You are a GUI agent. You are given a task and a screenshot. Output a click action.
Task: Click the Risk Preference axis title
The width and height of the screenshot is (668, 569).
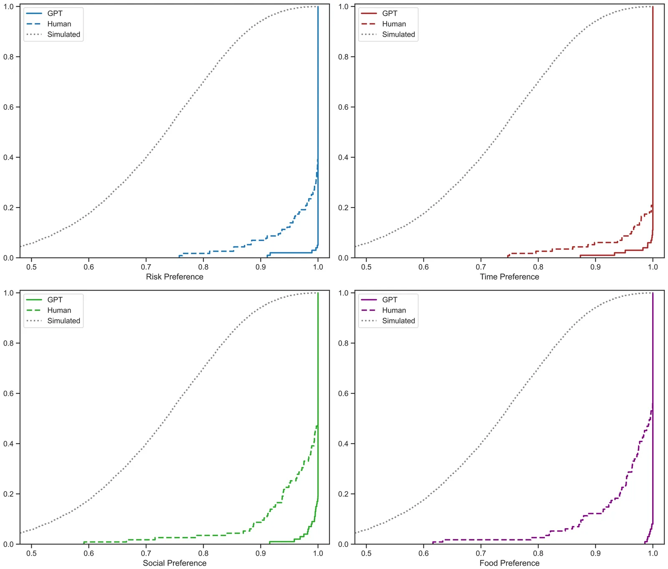pyautogui.click(x=175, y=277)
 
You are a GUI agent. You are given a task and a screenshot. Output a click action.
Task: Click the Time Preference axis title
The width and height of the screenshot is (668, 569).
pyautogui.click(x=509, y=277)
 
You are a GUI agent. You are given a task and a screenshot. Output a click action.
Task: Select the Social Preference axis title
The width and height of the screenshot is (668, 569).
pyautogui.click(x=175, y=563)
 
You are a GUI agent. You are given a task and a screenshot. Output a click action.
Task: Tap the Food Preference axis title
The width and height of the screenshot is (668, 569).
pyautogui.click(x=509, y=563)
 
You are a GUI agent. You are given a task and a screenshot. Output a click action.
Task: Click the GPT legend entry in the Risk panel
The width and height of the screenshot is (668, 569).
pyautogui.click(x=55, y=13)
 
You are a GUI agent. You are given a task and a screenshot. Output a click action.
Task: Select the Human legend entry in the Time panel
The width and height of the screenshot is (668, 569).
pyautogui.click(x=394, y=24)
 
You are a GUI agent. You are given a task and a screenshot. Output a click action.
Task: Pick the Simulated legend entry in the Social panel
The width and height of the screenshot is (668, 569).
pyautogui.click(x=63, y=321)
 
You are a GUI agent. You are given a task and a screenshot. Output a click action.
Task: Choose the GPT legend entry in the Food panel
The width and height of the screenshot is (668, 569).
pyautogui.click(x=390, y=300)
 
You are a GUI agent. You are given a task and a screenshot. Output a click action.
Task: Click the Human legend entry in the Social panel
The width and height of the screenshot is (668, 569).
pyautogui.click(x=59, y=310)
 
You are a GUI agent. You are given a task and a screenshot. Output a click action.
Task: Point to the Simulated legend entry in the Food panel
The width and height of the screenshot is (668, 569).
pyautogui.click(x=398, y=321)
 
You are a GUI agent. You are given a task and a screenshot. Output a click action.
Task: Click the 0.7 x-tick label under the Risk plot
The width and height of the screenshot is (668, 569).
pyautogui.click(x=146, y=267)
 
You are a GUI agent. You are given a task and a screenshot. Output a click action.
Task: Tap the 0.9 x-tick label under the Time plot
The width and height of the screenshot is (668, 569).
pyautogui.click(x=595, y=267)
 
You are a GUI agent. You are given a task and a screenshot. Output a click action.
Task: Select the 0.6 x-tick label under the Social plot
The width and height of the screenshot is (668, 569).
pyautogui.click(x=89, y=554)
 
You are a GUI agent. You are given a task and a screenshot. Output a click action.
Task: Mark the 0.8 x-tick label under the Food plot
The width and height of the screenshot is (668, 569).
pyautogui.click(x=538, y=554)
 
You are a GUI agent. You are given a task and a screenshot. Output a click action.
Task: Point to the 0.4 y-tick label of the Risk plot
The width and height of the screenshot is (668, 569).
pyautogui.click(x=9, y=157)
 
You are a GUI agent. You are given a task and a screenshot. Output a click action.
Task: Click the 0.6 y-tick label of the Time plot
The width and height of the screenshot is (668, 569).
pyautogui.click(x=344, y=107)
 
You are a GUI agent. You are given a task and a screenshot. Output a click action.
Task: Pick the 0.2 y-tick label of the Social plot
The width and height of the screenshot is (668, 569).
pyautogui.click(x=9, y=494)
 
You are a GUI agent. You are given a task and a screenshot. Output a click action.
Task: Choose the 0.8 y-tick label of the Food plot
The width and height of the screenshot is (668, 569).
pyautogui.click(x=344, y=343)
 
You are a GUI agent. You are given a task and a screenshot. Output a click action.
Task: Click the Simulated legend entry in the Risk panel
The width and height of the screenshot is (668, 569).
pyautogui.click(x=63, y=34)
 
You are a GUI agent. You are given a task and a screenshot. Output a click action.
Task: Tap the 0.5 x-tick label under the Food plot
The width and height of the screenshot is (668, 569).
pyautogui.click(x=366, y=554)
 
